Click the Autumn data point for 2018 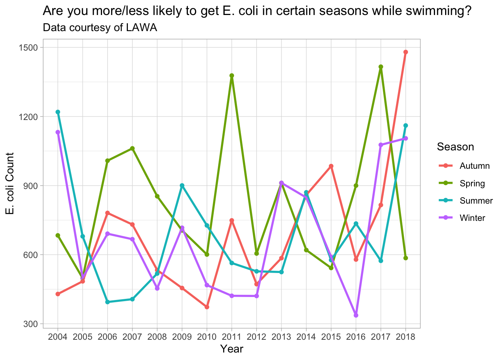pos(406,52)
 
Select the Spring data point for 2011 pos(232,75)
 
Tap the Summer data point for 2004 pos(58,112)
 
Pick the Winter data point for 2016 pos(356,315)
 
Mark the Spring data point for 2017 pos(381,67)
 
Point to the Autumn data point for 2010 pos(207,307)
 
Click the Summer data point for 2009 pos(182,185)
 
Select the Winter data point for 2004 pos(58,132)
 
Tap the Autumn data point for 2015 pos(331,166)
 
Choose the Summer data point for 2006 pos(108,302)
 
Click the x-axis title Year pos(232,349)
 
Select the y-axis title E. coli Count pos(10,184)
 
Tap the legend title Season pos(455,147)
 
